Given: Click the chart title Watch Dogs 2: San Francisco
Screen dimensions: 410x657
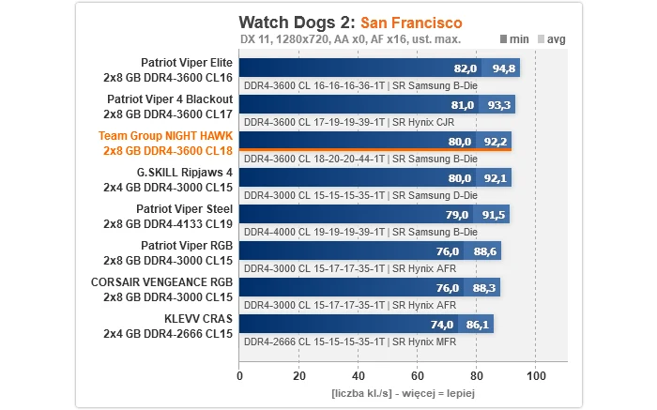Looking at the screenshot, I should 350,22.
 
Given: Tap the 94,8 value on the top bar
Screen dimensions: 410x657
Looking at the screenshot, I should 504,68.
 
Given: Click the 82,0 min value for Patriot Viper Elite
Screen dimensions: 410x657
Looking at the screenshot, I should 466,68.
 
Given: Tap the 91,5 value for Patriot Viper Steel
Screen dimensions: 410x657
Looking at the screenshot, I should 494,215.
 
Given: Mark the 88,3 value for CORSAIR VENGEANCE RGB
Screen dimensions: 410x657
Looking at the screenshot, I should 484,288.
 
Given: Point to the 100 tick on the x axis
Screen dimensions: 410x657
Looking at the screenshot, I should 536,375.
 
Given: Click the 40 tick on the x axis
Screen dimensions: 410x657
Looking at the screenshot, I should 358,375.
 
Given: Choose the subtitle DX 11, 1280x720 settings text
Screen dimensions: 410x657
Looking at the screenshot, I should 350,39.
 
